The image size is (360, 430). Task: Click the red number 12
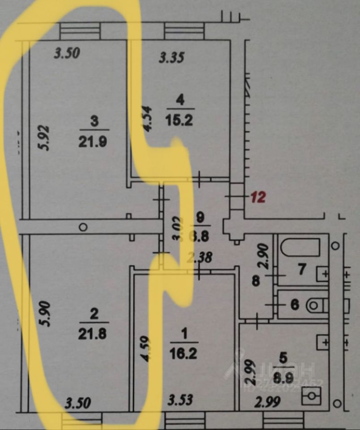pyautogui.click(x=258, y=197)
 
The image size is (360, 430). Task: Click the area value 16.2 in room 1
pyautogui.click(x=184, y=354)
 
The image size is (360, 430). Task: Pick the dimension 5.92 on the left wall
pyautogui.click(x=45, y=138)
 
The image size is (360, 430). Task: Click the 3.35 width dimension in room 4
pyautogui.click(x=172, y=57)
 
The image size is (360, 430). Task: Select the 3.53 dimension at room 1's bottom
pyautogui.click(x=181, y=400)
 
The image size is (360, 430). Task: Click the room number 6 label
pyautogui.click(x=294, y=305)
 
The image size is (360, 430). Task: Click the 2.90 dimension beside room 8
pyautogui.click(x=265, y=256)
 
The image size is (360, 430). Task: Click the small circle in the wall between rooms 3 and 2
pyautogui.click(x=83, y=227)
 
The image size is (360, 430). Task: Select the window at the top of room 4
pyautogui.click(x=184, y=31)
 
